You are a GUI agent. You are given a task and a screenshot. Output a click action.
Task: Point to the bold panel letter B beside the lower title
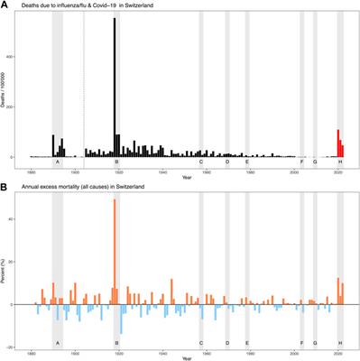click(5, 187)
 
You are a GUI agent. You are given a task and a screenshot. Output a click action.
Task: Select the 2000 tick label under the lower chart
click(294, 350)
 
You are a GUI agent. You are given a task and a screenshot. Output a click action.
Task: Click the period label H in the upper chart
click(339, 162)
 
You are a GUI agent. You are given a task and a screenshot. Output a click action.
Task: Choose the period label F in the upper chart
click(301, 162)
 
